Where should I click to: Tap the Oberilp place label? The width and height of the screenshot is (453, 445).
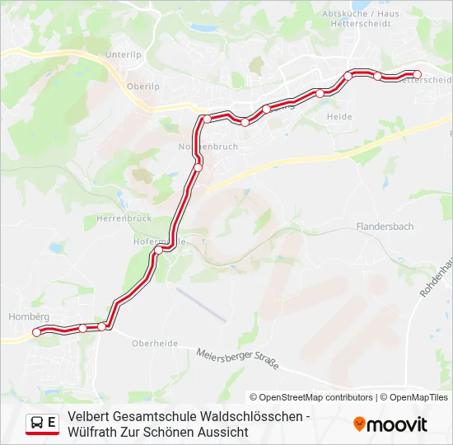click(142, 85)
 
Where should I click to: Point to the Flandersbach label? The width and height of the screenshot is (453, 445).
click(385, 226)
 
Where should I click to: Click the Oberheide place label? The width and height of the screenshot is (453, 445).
click(155, 344)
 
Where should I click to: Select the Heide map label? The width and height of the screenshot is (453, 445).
click(339, 117)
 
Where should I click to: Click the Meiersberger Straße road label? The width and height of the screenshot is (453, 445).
click(237, 359)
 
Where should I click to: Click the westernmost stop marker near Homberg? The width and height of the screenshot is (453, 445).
click(36, 332)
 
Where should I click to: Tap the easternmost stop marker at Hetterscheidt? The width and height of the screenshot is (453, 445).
click(417, 75)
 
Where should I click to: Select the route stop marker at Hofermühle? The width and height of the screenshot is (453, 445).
click(159, 249)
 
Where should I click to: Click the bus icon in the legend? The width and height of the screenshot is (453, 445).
click(37, 423)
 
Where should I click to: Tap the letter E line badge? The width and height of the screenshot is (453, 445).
click(52, 423)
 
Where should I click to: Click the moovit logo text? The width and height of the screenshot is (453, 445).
click(398, 424)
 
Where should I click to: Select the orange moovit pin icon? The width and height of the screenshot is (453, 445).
click(359, 424)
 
